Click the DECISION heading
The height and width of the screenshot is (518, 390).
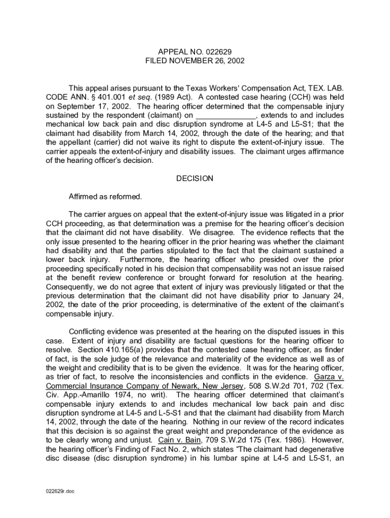(x=194, y=178)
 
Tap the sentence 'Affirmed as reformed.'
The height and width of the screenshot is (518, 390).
(x=105, y=196)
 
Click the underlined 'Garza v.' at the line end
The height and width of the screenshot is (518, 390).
(x=329, y=377)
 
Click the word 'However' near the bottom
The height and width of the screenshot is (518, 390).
(x=329, y=440)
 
